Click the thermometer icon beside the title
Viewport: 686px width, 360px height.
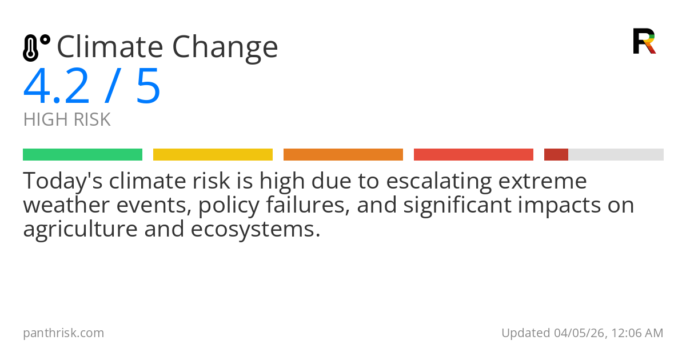pyautogui.click(x=36, y=47)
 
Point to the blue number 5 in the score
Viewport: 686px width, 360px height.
pyautogui.click(x=149, y=87)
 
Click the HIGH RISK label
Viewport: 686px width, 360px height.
pyautogui.click(x=67, y=120)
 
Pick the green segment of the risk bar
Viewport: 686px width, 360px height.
pyautogui.click(x=82, y=155)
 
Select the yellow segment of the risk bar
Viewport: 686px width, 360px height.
pyautogui.click(x=213, y=155)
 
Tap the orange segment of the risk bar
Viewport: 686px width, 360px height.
pyautogui.click(x=343, y=155)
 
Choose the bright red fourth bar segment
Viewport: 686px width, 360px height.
pyautogui.click(x=473, y=155)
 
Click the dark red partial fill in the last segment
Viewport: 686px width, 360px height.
pyautogui.click(x=556, y=155)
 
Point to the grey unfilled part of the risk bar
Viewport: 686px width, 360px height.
pyautogui.click(x=616, y=155)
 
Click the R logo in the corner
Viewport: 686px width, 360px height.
pyautogui.click(x=644, y=41)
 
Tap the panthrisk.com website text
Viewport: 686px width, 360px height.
pyautogui.click(x=63, y=333)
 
